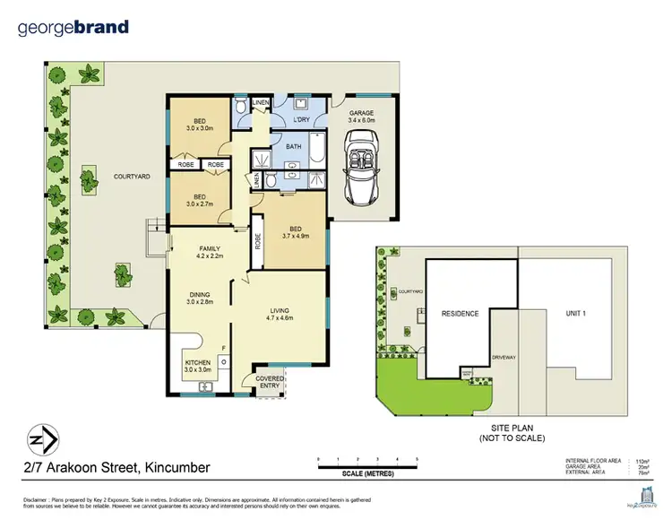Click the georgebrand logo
pos(73,28)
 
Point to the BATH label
pos(293,146)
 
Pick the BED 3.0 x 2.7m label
pos(200,201)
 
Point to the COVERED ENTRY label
pos(270,382)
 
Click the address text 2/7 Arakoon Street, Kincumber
pos(116,468)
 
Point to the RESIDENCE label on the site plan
pos(460,314)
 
